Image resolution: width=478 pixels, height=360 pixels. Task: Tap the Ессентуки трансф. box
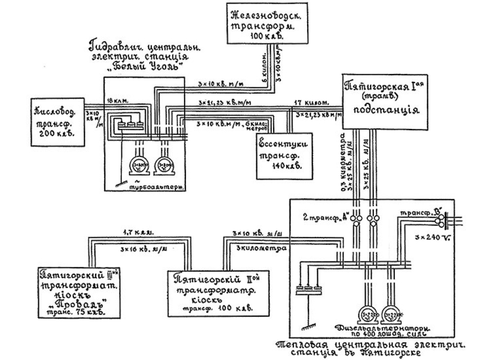click(279, 155)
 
